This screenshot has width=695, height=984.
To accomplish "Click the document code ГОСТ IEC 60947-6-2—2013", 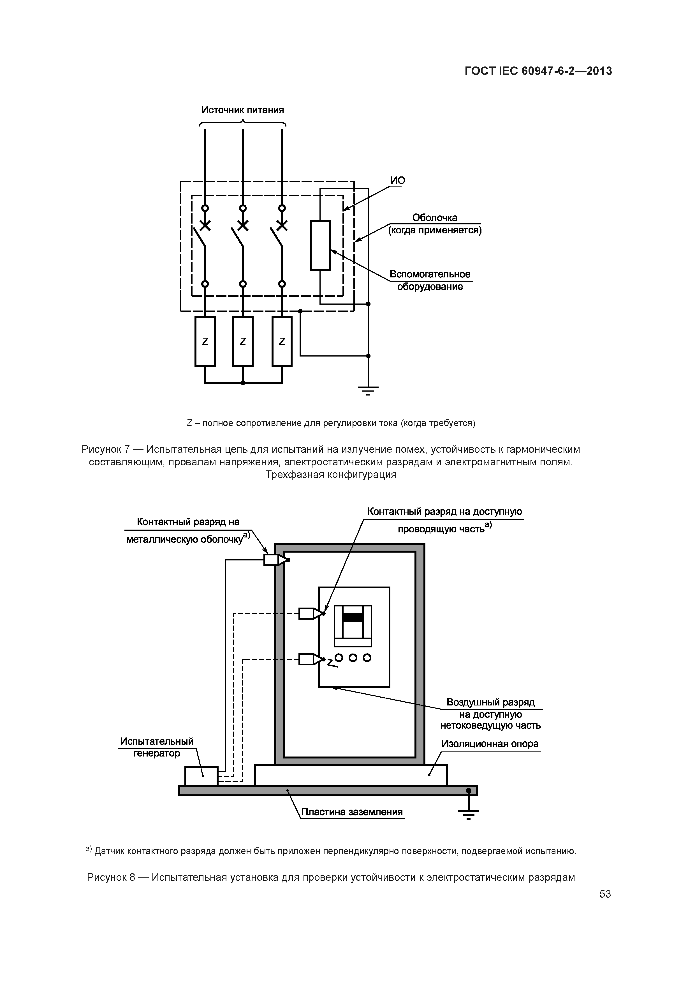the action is pyautogui.click(x=538, y=71).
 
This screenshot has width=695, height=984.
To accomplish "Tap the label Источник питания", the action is pyautogui.click(x=243, y=110).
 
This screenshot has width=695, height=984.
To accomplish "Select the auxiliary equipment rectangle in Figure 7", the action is pyautogui.click(x=320, y=245).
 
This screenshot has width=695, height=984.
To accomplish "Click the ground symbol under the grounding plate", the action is pyautogui.click(x=469, y=813).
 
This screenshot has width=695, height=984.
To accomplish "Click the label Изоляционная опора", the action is pyautogui.click(x=490, y=744).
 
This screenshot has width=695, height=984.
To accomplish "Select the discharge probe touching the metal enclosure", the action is pyautogui.click(x=277, y=560).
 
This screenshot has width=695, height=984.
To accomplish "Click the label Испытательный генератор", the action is pyautogui.click(x=157, y=747).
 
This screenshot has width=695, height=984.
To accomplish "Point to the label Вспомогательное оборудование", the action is pyautogui.click(x=430, y=280).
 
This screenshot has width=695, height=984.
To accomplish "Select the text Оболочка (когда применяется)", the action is pyautogui.click(x=435, y=224).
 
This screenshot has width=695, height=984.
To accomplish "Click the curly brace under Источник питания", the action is pyautogui.click(x=243, y=124).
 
